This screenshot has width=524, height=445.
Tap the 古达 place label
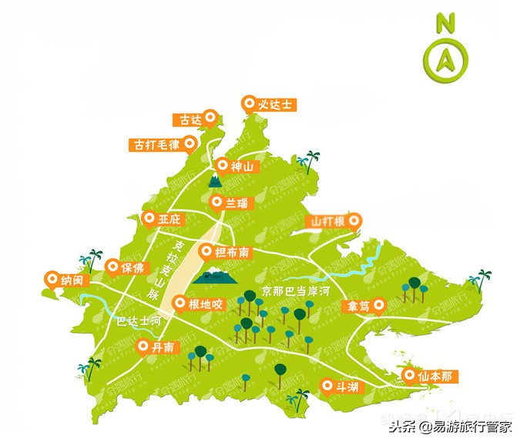tap(190, 119)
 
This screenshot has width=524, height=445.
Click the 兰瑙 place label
tap(237, 202)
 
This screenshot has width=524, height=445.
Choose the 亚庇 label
tap(169, 220)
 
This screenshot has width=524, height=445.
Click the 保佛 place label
tap(132, 268)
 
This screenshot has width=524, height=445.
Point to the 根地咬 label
tap(206, 303)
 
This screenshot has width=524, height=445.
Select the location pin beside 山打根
tap(354, 222)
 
